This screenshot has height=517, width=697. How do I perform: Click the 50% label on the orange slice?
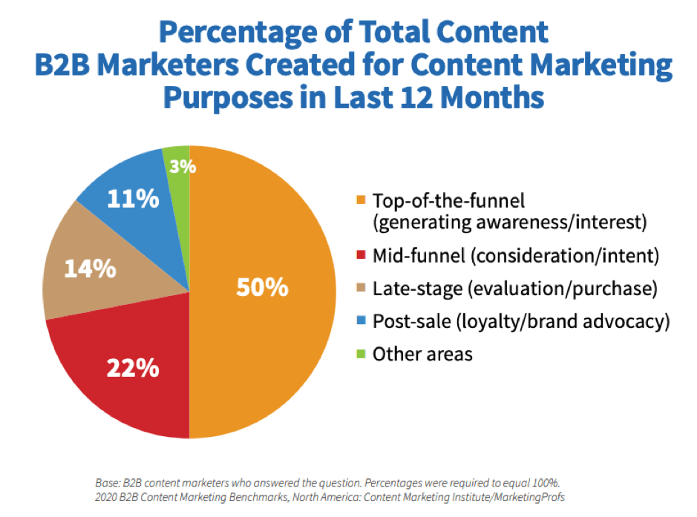(x=261, y=287)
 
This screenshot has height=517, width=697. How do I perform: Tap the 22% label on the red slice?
(x=133, y=366)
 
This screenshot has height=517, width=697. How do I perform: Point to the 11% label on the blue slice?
(x=133, y=198)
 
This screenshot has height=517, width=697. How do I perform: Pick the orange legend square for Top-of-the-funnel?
(x=361, y=200)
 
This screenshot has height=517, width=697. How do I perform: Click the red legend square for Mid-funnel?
(x=361, y=257)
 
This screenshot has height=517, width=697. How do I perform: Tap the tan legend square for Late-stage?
(x=361, y=289)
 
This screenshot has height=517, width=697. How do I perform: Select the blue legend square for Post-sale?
(x=361, y=322)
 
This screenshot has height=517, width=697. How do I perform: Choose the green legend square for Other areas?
(x=361, y=354)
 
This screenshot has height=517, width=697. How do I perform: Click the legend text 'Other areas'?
(x=422, y=354)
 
